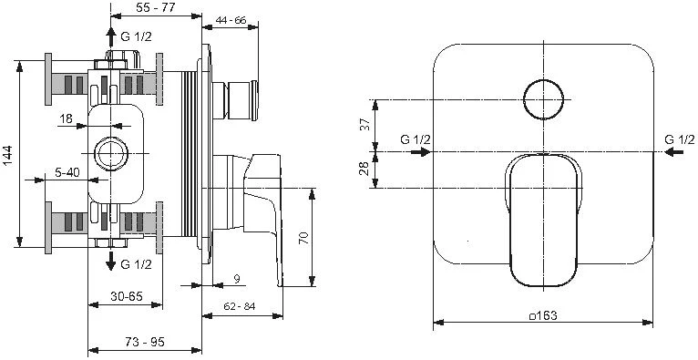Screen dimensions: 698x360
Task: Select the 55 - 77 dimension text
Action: (x=156, y=7)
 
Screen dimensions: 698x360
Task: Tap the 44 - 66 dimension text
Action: (x=231, y=20)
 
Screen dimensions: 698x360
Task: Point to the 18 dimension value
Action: (x=66, y=118)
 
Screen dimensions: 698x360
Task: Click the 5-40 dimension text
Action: (x=67, y=171)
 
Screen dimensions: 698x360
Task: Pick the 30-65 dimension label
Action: (x=126, y=296)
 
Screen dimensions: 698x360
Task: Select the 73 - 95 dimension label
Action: (x=145, y=342)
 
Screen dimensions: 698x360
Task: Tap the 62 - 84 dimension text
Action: (x=240, y=306)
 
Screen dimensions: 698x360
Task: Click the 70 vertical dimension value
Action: (x=303, y=237)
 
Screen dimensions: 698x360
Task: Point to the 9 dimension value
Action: (x=237, y=279)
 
